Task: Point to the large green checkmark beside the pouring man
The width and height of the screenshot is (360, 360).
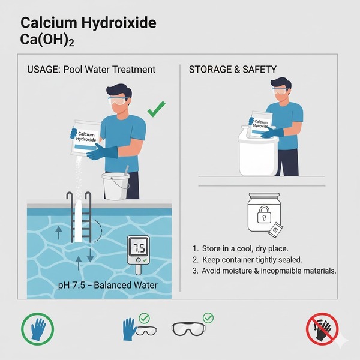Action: coord(156,109)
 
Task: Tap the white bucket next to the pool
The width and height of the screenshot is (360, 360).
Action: coord(115,186)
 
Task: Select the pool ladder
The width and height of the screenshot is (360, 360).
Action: coord(79,216)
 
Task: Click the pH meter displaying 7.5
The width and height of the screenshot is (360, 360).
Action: coord(139,252)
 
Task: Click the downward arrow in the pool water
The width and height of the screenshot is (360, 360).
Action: coord(90,255)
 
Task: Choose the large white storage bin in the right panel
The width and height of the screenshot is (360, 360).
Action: coord(258,153)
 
